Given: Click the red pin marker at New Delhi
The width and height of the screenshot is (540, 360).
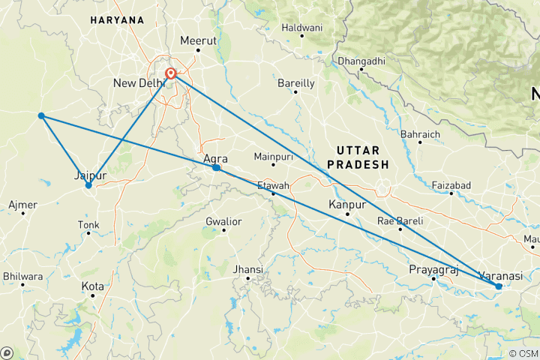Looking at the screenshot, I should (172, 73).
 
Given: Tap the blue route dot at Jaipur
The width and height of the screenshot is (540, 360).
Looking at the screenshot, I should (88, 185).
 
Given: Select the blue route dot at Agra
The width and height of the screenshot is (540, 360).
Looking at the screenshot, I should (216, 168).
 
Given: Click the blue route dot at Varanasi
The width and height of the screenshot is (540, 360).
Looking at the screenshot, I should (499, 286).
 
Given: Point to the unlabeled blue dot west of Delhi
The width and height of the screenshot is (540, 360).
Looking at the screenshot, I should (41, 115).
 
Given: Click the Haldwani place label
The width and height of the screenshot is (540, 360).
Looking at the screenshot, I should (301, 27).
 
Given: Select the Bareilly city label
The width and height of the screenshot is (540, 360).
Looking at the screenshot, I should (295, 82).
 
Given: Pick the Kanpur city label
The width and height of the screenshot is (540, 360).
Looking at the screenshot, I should (346, 204).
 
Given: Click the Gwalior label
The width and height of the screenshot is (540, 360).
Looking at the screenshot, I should (223, 221).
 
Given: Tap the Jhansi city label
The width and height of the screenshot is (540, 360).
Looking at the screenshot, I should (247, 269).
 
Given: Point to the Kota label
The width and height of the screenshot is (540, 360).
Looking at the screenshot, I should (92, 286).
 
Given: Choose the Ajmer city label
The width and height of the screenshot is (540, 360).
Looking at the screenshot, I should (22, 204).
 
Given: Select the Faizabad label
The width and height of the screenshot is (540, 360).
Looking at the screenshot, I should (451, 184).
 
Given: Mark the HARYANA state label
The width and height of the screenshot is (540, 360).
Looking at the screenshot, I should (117, 19).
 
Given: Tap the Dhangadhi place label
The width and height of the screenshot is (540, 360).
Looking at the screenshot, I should (361, 60).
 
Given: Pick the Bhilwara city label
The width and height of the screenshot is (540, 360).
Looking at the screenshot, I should (22, 276).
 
